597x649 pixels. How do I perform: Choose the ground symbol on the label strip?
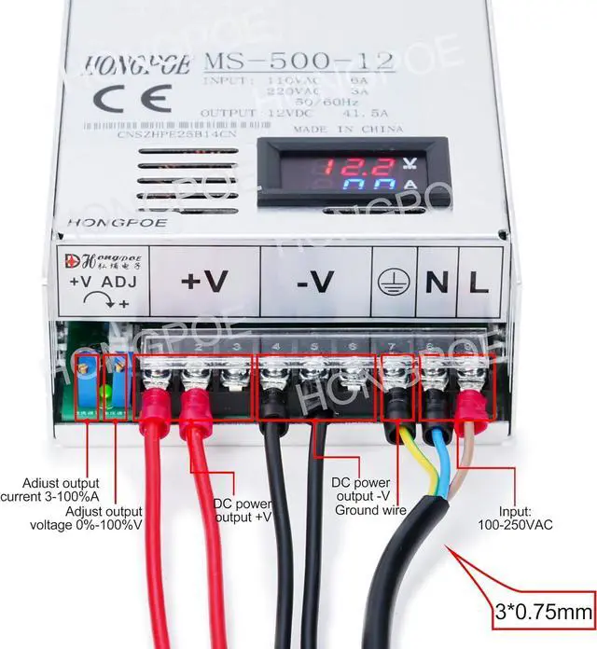click(x=392, y=282)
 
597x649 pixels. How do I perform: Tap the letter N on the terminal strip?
click(x=435, y=282)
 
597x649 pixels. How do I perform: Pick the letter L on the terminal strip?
click(x=479, y=282)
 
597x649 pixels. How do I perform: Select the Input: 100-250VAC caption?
click(x=513, y=518)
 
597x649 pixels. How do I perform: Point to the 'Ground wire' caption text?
click(x=370, y=510)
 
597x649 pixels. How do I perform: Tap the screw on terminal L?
click(x=469, y=378)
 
